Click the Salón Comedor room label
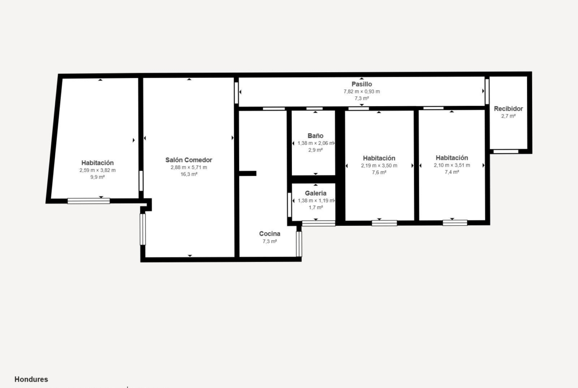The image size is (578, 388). (189, 160)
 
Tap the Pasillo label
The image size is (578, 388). (362, 84)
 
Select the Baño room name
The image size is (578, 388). (316, 136)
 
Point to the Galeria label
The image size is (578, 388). (316, 193)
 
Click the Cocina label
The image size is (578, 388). (269, 234)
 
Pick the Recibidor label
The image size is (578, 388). (508, 109)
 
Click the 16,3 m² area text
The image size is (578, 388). (189, 174)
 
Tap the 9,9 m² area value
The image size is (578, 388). (98, 177)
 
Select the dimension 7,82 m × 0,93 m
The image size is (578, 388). (362, 91)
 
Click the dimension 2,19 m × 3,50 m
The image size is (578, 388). (379, 166)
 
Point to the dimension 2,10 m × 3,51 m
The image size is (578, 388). (452, 165)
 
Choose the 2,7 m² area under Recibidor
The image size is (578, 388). (508, 116)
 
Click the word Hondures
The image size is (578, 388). (31, 379)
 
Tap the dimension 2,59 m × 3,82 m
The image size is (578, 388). (98, 171)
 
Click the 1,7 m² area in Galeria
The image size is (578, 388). (316, 207)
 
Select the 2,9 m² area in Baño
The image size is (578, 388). (316, 150)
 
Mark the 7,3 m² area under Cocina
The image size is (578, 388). (269, 241)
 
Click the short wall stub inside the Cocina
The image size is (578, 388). (248, 173)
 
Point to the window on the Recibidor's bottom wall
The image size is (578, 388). (506, 151)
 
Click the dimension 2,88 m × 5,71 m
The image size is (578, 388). (189, 168)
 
